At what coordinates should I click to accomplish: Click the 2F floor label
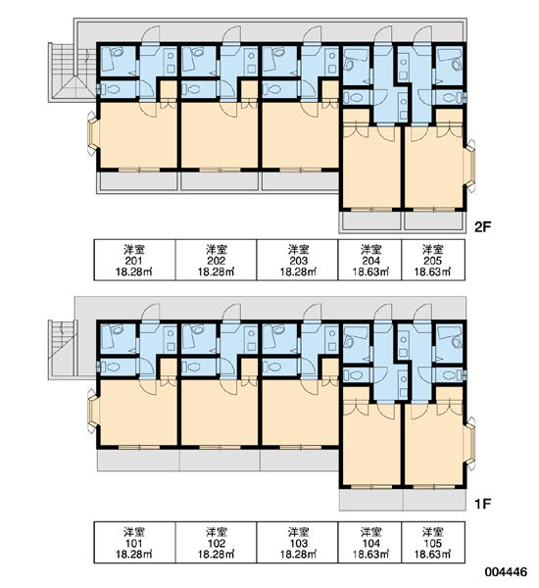point(483,226)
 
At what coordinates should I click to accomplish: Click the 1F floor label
point(483,505)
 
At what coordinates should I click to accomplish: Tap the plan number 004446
point(506,572)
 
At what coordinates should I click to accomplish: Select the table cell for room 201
point(134,260)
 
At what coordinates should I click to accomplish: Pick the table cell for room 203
point(298,260)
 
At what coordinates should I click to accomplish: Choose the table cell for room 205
point(433,260)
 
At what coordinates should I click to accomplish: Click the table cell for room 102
point(216,543)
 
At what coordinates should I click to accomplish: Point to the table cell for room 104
point(369,543)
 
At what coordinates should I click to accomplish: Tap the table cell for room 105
point(433,543)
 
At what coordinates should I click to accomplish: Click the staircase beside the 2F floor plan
point(72,72)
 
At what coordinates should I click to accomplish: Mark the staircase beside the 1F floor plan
point(63,350)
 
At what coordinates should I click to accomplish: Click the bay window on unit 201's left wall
point(92,133)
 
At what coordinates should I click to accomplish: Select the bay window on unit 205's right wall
point(470,166)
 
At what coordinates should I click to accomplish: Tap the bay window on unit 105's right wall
point(470,443)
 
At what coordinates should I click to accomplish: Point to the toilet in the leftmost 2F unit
point(112,89)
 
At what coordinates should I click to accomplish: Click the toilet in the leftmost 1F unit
point(112,367)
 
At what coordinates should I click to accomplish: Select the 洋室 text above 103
point(298,531)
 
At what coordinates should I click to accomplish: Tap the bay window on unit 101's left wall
point(92,411)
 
